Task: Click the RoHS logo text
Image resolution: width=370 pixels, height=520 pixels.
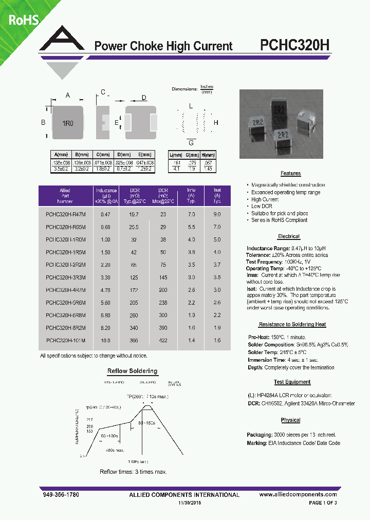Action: click(22, 20)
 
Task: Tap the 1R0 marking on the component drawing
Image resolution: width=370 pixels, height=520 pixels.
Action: click(68, 123)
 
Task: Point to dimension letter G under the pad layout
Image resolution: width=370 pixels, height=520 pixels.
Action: click(191, 142)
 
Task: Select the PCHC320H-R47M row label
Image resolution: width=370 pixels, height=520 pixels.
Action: click(66, 214)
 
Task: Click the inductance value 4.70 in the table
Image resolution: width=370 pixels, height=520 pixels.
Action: click(106, 290)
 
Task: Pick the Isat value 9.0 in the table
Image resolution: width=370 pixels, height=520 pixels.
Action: click(217, 214)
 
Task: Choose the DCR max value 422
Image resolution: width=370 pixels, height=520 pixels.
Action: click(163, 341)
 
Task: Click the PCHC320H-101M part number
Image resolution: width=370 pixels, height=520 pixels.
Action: click(66, 341)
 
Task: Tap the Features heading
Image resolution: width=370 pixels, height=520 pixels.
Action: click(290, 174)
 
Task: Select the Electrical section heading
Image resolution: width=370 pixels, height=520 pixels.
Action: click(288, 236)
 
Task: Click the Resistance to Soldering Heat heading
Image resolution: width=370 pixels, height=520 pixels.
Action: click(291, 324)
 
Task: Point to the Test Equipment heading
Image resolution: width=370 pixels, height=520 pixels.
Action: click(292, 382)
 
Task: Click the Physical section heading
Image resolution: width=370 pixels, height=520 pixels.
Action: click(290, 420)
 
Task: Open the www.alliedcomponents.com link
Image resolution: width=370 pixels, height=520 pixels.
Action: click(298, 494)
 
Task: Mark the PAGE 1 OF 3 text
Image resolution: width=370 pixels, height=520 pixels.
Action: click(322, 503)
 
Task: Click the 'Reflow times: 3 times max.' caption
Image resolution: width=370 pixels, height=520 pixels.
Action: click(133, 472)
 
